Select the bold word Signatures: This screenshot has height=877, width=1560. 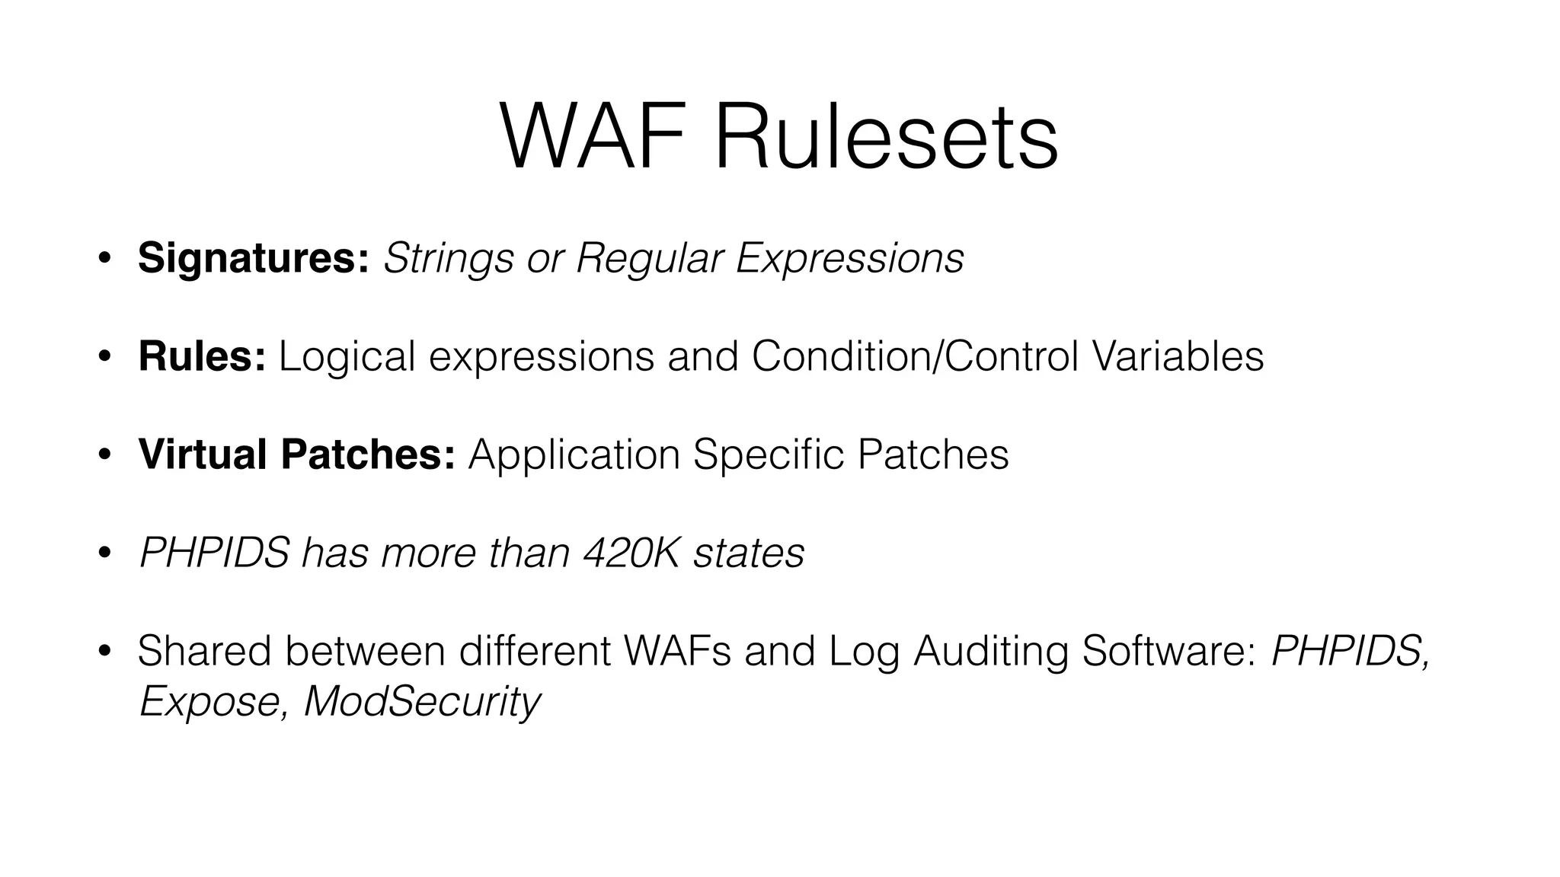254,259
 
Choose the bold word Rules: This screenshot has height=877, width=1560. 202,356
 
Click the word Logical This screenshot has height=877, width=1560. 347,356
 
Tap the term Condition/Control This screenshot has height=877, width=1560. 915,356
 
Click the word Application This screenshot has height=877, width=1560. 574,454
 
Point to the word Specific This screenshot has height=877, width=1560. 769,454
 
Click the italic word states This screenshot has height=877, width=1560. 748,553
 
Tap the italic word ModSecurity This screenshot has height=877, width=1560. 422,701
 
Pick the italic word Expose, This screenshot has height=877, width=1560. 214,701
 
